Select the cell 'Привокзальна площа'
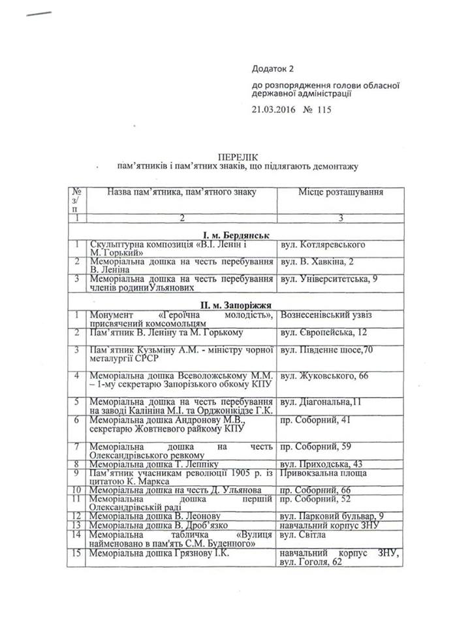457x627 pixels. click(322, 472)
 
